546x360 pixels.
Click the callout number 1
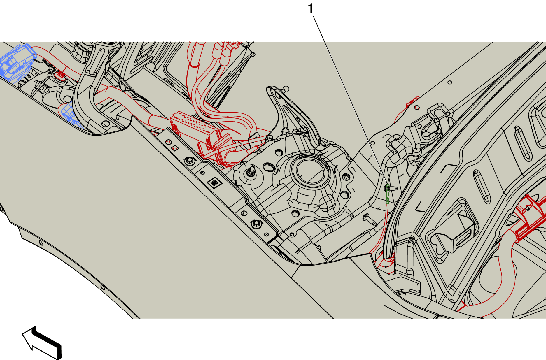pyautogui.click(x=311, y=8)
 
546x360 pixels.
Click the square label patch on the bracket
pyautogui.click(x=214, y=183)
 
